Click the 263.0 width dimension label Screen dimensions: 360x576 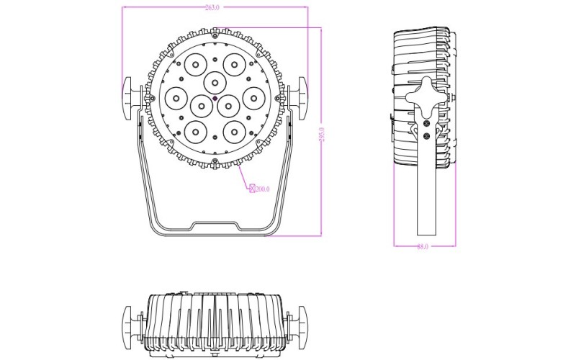click(x=212, y=7)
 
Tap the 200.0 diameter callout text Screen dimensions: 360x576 click(x=262, y=189)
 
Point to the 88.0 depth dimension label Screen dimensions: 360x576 click(x=423, y=246)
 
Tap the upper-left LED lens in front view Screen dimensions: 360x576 click(x=194, y=64)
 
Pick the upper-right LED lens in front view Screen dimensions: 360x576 click(x=233, y=64)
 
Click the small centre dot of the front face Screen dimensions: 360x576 click(x=215, y=98)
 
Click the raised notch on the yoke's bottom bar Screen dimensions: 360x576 click(x=215, y=228)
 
